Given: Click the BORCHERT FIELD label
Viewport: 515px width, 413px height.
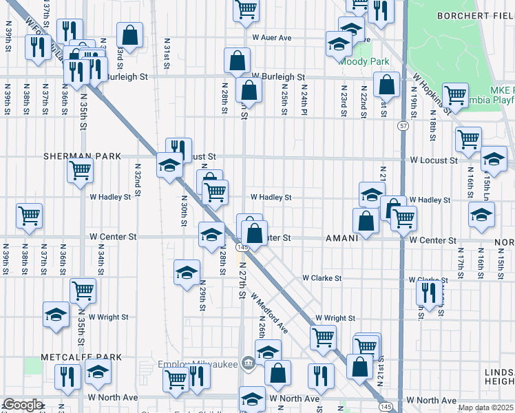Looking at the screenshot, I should click(x=476, y=14).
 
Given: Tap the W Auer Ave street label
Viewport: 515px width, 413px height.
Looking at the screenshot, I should click(x=271, y=38).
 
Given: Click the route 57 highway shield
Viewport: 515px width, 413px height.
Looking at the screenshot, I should click(x=403, y=126).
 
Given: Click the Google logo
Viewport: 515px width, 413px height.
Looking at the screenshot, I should click(x=22, y=405).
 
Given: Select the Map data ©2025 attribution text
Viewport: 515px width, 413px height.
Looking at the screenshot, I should click(x=485, y=407).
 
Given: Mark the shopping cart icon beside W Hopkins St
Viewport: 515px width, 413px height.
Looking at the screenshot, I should click(x=455, y=94).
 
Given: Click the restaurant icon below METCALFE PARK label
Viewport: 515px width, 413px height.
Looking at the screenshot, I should click(x=67, y=376).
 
